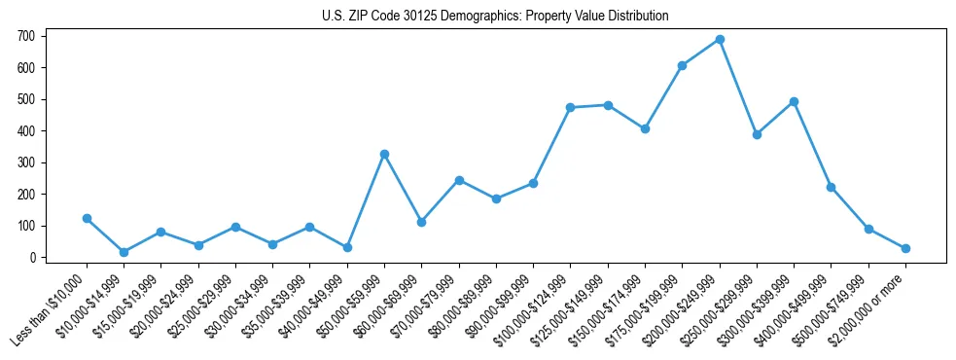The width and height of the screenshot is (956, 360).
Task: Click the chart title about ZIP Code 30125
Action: pos(495,17)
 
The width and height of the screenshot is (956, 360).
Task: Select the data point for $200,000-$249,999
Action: pos(720,40)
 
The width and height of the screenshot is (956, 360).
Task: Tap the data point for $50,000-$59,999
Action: pos(384,154)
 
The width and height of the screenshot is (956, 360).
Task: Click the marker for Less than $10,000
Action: pos(87,219)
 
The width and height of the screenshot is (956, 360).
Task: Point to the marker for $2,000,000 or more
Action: pos(905,248)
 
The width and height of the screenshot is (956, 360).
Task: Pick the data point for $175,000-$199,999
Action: pos(683,66)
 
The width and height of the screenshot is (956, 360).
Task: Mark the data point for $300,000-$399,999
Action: pos(795,101)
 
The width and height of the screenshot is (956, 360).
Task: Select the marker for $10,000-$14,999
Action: pos(124,252)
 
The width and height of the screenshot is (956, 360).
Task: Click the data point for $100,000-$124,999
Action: pos(571,107)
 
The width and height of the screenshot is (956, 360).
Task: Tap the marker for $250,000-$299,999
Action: pos(757,134)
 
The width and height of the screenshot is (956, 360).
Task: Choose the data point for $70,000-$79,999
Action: pos(459,180)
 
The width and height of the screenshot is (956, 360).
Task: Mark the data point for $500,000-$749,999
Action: pos(868,230)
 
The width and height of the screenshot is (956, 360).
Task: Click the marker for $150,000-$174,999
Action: pos(645,128)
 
